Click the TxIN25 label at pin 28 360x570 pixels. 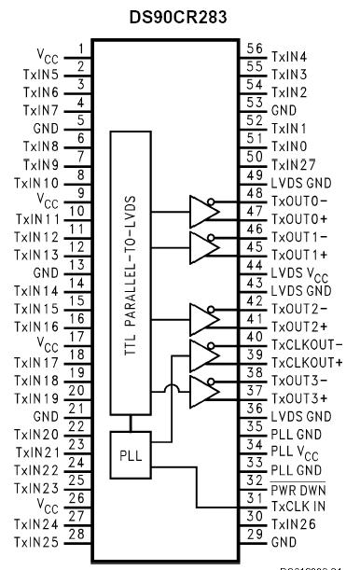(x=38, y=540)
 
